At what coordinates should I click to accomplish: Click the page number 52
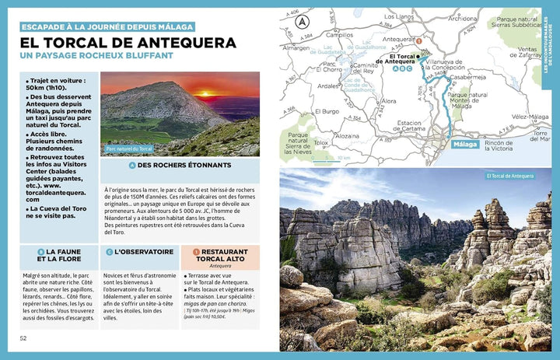23,338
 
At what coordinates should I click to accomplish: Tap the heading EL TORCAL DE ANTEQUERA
117,42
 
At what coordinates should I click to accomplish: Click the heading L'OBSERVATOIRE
144,252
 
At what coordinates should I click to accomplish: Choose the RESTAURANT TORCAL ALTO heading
224,257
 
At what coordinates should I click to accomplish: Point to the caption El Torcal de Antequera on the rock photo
509,176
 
